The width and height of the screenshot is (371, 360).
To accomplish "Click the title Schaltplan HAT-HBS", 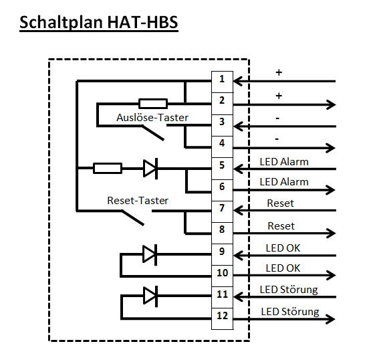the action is tap(99, 23).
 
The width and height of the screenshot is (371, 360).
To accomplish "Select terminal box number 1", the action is tap(222, 82).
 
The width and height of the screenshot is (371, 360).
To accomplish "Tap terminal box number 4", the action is tap(222, 147).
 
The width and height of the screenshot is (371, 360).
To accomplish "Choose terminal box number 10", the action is tap(222, 276).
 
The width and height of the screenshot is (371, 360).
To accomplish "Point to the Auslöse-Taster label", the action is tap(152, 118).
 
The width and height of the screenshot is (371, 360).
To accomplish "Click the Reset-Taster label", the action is tap(138, 201).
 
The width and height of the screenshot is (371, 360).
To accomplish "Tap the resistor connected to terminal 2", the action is tap(153, 104).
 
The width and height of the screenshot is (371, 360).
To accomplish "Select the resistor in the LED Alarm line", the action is tap(108, 168).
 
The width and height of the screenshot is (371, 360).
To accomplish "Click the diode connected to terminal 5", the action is tap(150, 169).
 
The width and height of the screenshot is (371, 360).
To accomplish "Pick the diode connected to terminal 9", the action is tap(150, 254).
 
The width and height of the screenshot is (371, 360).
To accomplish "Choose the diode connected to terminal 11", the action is tap(150, 296).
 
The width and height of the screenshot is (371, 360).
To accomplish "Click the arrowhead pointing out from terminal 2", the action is tap(331, 104).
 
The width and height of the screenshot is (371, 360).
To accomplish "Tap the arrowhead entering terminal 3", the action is tap(239, 126).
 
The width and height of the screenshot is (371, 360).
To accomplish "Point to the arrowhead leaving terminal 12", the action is tap(330, 319).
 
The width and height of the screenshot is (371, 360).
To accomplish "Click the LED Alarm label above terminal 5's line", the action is tap(284, 162).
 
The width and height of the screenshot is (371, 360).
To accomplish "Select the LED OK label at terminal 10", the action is tap(283, 268).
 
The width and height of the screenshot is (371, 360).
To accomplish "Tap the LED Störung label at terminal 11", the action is tap(289, 290).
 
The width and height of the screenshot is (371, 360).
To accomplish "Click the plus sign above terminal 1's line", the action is tap(279, 72).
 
